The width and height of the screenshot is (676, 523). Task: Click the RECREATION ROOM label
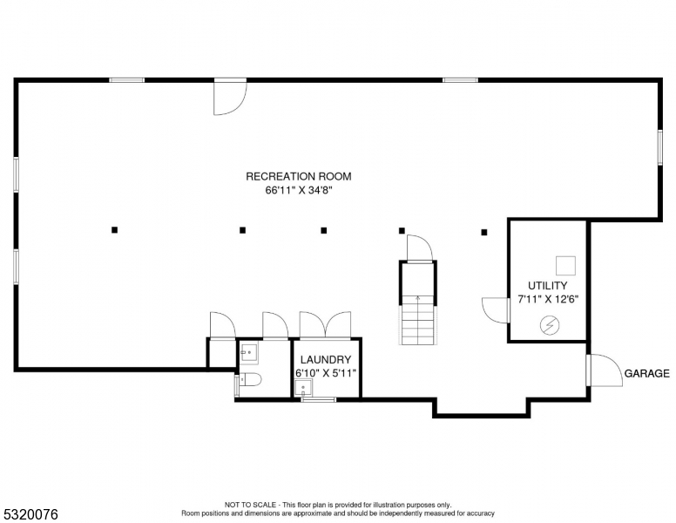pos(298,176)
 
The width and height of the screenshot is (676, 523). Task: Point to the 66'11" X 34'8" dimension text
pos(298,190)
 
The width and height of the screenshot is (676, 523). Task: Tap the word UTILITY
pos(547,285)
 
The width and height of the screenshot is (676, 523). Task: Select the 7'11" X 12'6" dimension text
pos(547,298)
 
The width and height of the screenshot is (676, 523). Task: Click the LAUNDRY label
pos(325,359)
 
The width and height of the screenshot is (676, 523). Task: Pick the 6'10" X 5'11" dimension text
pos(325,372)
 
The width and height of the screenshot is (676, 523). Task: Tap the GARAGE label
pos(646,373)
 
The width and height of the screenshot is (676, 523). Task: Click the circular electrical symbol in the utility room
pos(549,325)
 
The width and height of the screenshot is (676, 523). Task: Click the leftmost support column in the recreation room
pos(114,230)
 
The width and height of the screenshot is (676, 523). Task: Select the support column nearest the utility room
pos(484,232)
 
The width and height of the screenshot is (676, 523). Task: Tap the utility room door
pos(496,309)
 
